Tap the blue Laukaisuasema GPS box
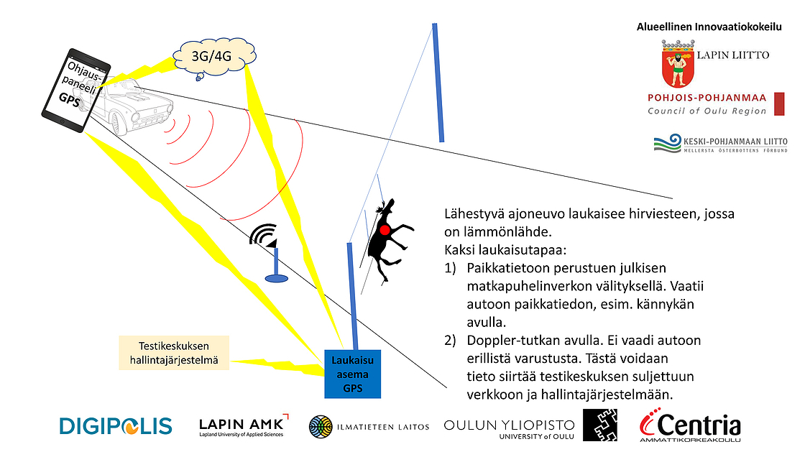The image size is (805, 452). click(x=352, y=374)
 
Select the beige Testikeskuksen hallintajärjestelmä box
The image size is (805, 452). click(x=173, y=353)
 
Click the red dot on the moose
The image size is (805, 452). click(x=385, y=230)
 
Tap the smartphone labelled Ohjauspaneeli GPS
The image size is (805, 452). click(x=75, y=91)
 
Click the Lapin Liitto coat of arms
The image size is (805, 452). click(x=678, y=64)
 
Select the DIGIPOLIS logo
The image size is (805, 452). click(x=116, y=426)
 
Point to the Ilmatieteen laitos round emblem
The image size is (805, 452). click(x=321, y=427)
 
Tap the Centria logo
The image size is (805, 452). click(x=690, y=425)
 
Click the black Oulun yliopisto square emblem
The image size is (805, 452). click(x=599, y=425)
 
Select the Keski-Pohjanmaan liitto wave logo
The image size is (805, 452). click(x=667, y=144)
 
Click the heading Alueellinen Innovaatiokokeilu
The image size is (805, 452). click(x=709, y=27)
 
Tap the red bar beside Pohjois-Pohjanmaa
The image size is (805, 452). click(x=779, y=103)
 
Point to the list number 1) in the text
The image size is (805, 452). click(x=450, y=268)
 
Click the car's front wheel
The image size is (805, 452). click(x=119, y=123)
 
